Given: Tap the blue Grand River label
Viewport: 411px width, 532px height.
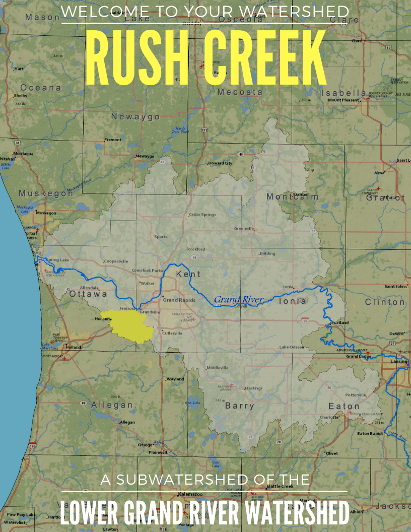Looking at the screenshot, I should [x=239, y=300].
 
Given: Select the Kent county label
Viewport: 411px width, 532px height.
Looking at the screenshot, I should [x=188, y=275].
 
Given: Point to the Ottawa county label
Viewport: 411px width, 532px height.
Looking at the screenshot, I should [x=88, y=294].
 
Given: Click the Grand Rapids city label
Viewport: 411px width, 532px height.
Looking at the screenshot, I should [x=178, y=300].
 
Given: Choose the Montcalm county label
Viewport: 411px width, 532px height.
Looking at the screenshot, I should [x=292, y=196].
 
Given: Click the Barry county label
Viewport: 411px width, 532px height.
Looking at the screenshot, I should [x=239, y=406].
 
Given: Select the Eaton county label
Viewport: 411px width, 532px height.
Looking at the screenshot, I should [x=344, y=406].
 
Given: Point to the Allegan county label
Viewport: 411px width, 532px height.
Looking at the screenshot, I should [x=111, y=405].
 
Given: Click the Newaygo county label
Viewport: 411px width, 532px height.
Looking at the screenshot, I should [x=135, y=117].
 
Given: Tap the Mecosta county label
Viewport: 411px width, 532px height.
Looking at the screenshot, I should [x=240, y=92].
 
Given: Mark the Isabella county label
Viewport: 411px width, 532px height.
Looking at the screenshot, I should [x=344, y=93].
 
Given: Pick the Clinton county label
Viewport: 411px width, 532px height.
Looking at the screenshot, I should [x=385, y=302].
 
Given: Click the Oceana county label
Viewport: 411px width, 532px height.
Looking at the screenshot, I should [x=41, y=88].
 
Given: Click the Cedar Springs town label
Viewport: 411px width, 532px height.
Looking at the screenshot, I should [x=202, y=215].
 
